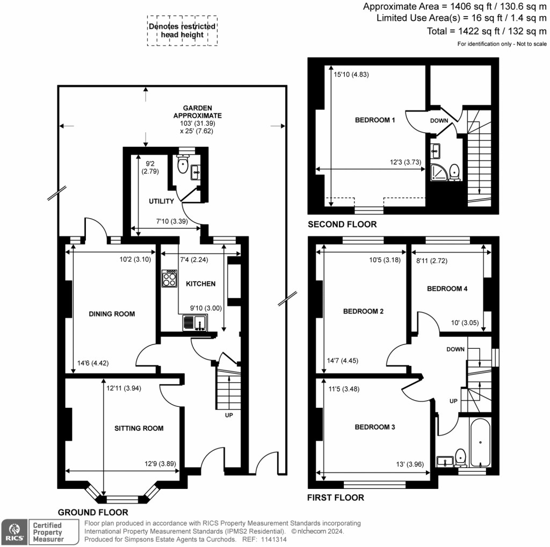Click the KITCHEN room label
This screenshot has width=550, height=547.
click(x=200, y=284)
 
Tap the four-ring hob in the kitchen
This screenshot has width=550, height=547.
click(x=170, y=278)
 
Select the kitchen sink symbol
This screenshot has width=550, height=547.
click(x=193, y=323)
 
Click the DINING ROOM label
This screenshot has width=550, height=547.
click(x=112, y=314)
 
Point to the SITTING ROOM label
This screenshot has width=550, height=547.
click(x=139, y=428)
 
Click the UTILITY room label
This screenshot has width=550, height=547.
click(x=161, y=201)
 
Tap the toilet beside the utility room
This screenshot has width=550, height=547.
click(x=183, y=166)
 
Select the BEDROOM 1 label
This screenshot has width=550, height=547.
click(x=375, y=120)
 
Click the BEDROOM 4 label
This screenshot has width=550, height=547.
click(x=447, y=289)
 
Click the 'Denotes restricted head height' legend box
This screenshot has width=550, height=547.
click(x=182, y=31)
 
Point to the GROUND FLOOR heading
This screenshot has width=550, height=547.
click(x=93, y=512)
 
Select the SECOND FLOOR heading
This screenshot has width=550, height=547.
click(x=342, y=224)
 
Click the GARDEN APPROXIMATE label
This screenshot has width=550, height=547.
click(x=197, y=112)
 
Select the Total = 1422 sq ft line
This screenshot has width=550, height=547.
click(x=488, y=31)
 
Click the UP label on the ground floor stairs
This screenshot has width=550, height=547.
click(x=229, y=415)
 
